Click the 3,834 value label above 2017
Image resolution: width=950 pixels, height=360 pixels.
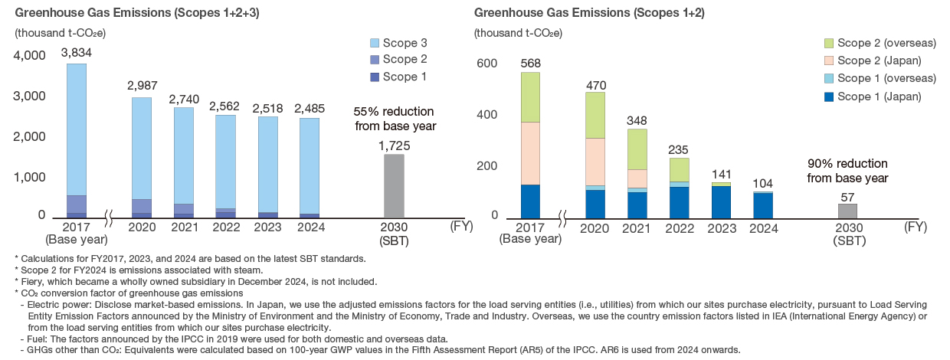coord(76,52)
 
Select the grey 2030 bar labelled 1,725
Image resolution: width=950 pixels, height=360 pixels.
coord(393,185)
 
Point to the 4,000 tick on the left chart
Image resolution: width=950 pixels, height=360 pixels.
coord(31,56)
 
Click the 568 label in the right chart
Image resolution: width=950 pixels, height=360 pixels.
coord(531,61)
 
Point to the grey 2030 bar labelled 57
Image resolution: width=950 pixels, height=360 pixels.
coord(847,210)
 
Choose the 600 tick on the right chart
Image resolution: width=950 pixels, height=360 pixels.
coord(487,64)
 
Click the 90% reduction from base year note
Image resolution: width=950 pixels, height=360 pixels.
coord(847,170)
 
